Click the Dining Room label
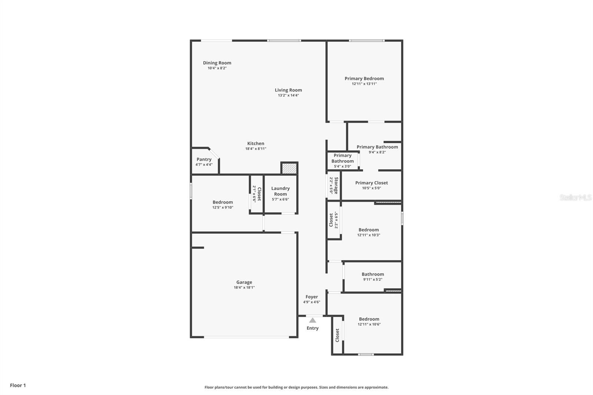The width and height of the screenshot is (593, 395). point(217,63)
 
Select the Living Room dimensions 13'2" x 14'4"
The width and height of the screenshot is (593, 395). point(288,95)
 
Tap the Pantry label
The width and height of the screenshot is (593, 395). point(204,159)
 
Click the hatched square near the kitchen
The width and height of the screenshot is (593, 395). point(289,168)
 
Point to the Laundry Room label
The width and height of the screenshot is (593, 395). point(280,191)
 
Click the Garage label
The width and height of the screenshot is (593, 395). point(244,282)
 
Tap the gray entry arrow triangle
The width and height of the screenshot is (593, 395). point(312,320)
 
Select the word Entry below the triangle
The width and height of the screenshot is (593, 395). point(312,328)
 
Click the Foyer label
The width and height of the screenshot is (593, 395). point(312,297)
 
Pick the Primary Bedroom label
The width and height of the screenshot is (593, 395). point(364,79)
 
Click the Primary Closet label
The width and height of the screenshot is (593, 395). point(371,183)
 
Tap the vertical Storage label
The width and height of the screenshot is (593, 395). point(336,185)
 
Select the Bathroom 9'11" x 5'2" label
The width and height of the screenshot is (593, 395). point(372,274)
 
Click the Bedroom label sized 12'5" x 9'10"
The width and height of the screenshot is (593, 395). point(222,202)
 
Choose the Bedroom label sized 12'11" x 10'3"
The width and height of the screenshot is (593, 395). point(368,230)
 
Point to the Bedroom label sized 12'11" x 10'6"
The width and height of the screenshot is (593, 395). point(369,319)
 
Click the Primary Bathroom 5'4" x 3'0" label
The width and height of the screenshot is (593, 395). point(342,158)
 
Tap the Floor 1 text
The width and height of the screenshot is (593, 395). point(18,385)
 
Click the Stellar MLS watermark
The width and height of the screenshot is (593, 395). point(575,197)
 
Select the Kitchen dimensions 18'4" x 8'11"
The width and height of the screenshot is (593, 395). point(255,149)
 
